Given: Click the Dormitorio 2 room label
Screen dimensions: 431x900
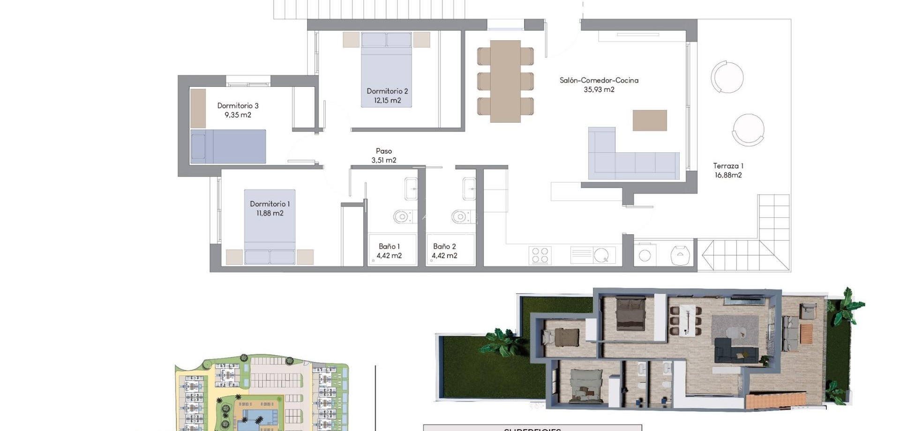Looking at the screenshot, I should [387, 91].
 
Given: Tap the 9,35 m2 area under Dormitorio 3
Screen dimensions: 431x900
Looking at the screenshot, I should [238, 115].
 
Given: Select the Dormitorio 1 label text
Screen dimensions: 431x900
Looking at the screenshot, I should [270, 204].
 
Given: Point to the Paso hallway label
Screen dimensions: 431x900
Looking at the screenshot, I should [383, 151].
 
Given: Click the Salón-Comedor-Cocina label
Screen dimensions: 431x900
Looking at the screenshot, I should [599, 80].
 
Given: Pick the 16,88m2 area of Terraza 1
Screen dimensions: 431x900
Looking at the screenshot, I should [728, 175].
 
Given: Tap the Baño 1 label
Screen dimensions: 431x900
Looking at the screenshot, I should [389, 246].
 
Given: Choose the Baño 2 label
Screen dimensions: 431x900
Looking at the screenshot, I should [444, 246].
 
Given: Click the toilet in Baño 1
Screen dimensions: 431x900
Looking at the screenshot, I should [402, 216].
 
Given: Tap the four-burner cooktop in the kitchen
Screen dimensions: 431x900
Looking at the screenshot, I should [540, 256].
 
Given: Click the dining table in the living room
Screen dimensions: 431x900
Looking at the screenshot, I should [505, 81].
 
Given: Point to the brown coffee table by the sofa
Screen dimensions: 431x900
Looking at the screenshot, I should [650, 120].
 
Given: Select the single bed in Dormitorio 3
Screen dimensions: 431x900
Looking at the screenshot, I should [228, 146].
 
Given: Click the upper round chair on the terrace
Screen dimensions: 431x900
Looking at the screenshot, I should [727, 77].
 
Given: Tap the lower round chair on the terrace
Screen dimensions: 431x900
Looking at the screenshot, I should [748, 130].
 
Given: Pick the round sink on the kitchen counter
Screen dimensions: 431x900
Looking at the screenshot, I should [601, 256].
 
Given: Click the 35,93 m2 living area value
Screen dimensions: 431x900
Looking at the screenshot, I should [599, 89].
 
